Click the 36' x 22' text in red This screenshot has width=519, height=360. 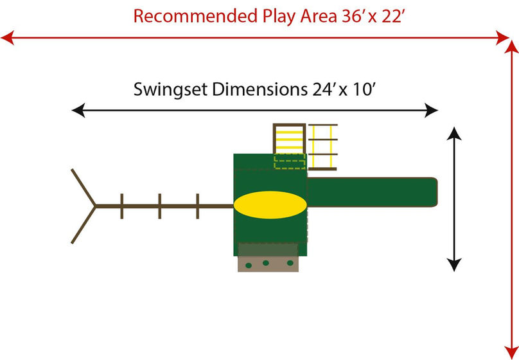[x=369, y=16]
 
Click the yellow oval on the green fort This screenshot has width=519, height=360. [x=270, y=206]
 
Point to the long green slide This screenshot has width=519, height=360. [x=373, y=193]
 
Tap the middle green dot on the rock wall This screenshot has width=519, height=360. [x=266, y=262]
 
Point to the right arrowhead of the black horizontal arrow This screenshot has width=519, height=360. [x=433, y=111]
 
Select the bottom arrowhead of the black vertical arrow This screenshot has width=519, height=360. [x=454, y=264]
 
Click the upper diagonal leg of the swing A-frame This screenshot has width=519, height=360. [x=84, y=187]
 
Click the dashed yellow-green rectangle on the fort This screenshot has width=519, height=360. [x=290, y=161]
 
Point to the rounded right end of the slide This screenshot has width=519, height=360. [x=434, y=193]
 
